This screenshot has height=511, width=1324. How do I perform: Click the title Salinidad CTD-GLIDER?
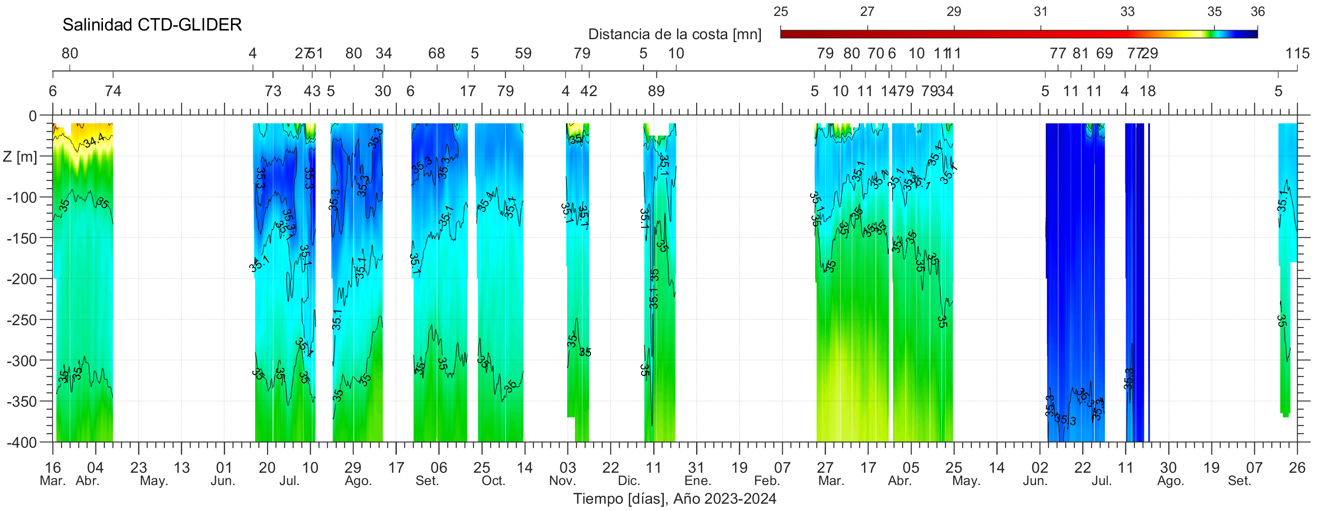pyautogui.click(x=152, y=25)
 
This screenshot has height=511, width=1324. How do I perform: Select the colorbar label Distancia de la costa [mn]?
pyautogui.click(x=674, y=35)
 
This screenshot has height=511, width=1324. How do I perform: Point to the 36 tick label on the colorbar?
pyautogui.click(x=1257, y=12)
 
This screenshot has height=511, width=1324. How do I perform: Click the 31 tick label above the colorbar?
pyautogui.click(x=1040, y=12)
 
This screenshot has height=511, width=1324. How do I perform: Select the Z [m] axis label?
pyautogui.click(x=20, y=157)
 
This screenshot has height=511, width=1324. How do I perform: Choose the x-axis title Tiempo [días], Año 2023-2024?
pyautogui.click(x=674, y=499)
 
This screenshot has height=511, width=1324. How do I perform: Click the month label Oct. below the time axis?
pyautogui.click(x=493, y=481)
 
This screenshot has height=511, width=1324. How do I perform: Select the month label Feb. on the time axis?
pyautogui.click(x=767, y=481)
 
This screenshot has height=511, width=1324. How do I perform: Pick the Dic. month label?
pyautogui.click(x=629, y=481)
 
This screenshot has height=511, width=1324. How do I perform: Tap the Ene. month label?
pyautogui.click(x=698, y=481)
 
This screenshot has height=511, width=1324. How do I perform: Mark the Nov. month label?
pyautogui.click(x=562, y=481)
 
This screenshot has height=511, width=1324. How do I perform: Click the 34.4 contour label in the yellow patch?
pyautogui.click(x=94, y=139)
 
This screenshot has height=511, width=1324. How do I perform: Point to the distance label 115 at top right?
pyautogui.click(x=1297, y=53)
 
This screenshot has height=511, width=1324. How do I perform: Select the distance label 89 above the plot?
pyautogui.click(x=656, y=92)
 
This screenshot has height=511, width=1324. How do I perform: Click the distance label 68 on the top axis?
pyautogui.click(x=436, y=53)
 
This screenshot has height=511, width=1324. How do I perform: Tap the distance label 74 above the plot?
pyautogui.click(x=113, y=92)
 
